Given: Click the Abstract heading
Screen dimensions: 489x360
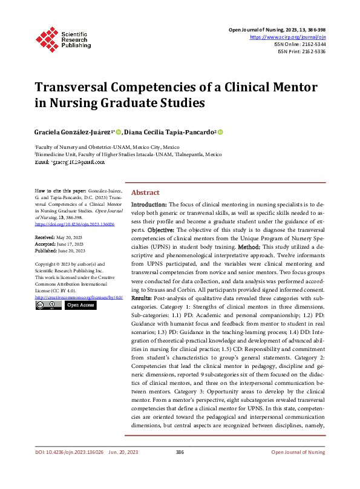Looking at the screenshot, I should click(145, 192).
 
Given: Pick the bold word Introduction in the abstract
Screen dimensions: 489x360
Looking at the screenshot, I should click(149, 205).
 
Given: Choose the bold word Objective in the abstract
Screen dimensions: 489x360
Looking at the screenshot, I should click(162, 231).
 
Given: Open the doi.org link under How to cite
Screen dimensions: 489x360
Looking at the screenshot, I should click(75, 223).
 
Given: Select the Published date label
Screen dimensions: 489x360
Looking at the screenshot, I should click(46, 251).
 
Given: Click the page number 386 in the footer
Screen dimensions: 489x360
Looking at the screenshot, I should click(180, 469).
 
